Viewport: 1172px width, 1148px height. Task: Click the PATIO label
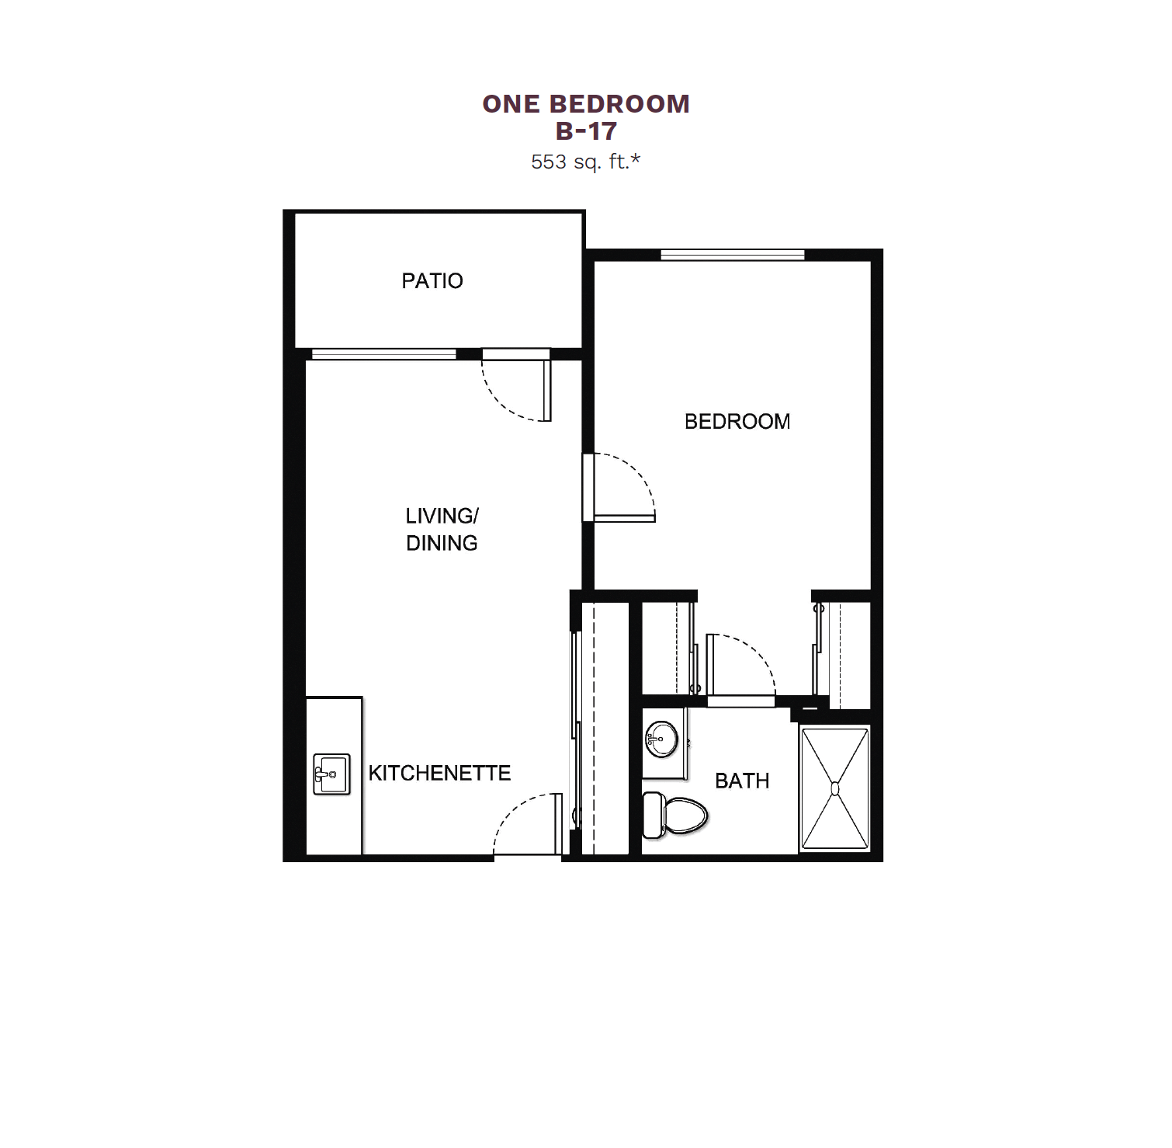tap(432, 280)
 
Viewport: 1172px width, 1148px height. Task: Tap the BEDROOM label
tap(737, 421)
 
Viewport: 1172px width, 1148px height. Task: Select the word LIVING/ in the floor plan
tap(442, 516)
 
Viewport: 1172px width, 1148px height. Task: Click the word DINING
tap(442, 543)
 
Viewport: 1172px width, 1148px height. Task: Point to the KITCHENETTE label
tap(439, 773)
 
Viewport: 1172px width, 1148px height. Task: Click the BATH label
tap(742, 781)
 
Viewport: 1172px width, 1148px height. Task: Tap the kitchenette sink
tap(331, 774)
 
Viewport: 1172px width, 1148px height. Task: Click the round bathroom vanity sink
tap(661, 738)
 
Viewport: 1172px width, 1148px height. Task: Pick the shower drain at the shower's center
tap(835, 788)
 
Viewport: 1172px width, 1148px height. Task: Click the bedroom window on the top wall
tap(733, 254)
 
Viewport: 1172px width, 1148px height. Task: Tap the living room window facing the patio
tap(384, 354)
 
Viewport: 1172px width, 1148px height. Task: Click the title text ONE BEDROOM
tap(586, 104)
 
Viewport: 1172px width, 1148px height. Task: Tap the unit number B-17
tap(586, 131)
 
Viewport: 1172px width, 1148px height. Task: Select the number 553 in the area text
tap(549, 162)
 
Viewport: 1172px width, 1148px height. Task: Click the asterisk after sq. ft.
tap(636, 159)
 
